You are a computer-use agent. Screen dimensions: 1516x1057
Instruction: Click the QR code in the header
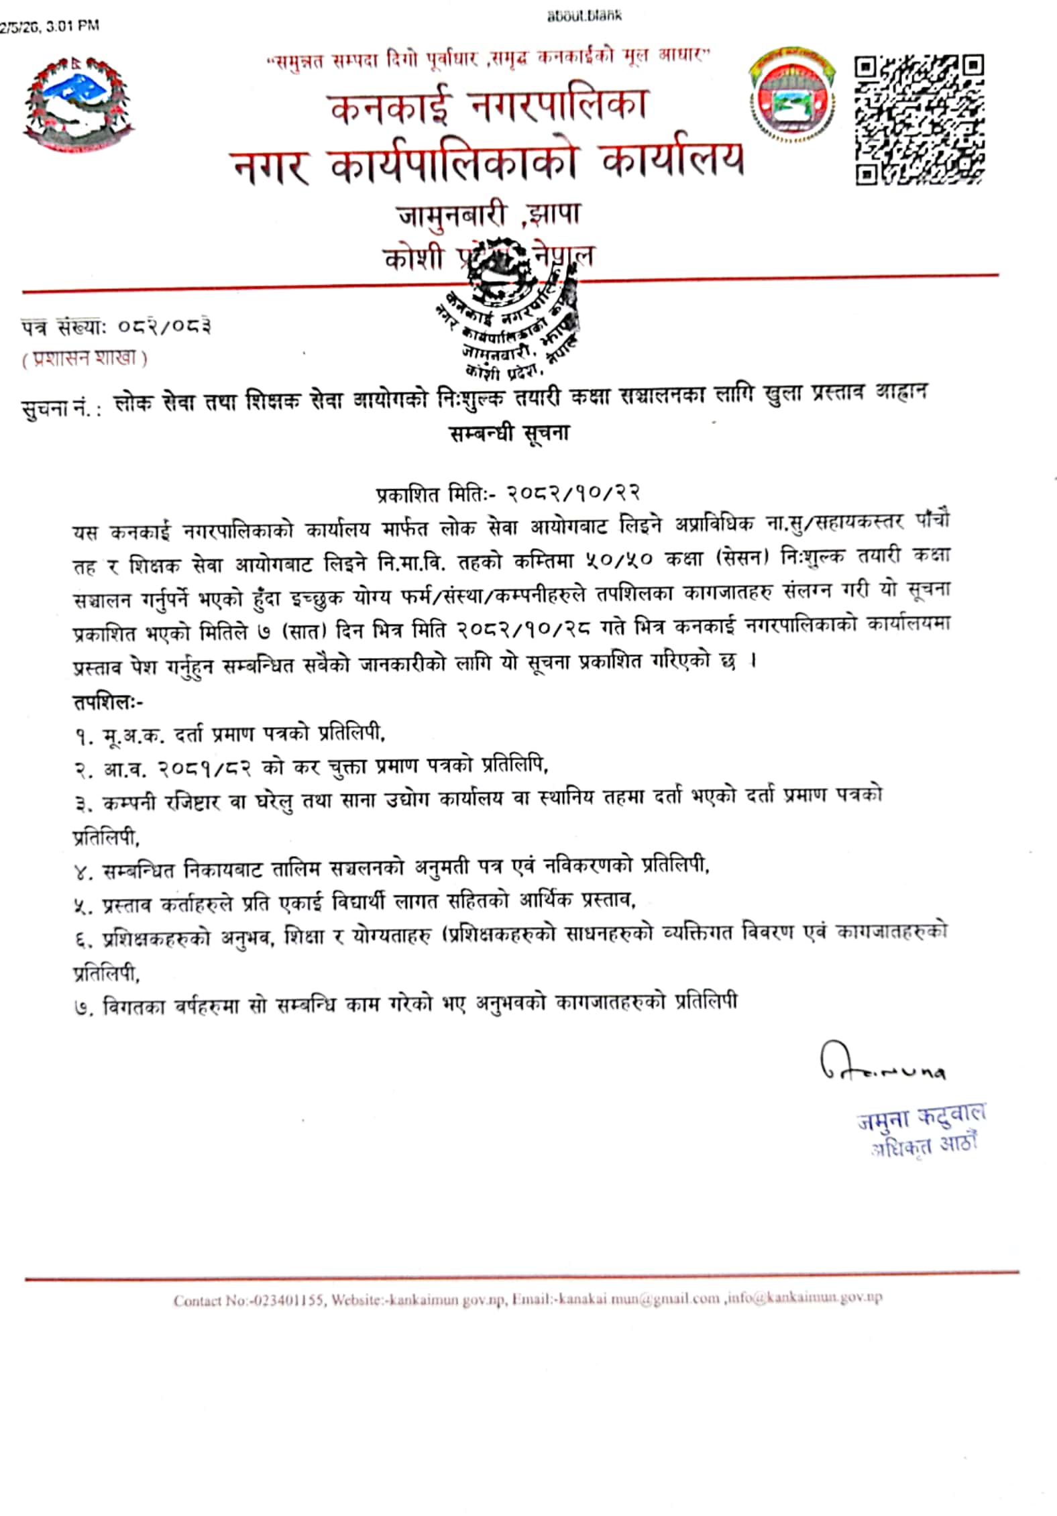click(919, 120)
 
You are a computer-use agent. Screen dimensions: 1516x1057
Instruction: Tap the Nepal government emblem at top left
click(79, 106)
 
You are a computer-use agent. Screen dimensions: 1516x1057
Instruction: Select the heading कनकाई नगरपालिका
click(488, 107)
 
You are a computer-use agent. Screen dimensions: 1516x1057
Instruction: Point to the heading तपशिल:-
click(107, 702)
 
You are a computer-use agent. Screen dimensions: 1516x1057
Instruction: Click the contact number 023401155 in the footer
click(288, 1301)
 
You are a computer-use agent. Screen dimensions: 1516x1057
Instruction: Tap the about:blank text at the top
click(583, 15)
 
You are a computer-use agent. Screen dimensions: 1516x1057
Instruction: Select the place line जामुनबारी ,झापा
click(489, 215)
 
